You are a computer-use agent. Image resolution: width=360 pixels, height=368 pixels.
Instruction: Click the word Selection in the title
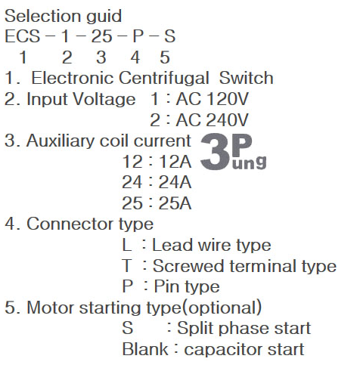[42, 16]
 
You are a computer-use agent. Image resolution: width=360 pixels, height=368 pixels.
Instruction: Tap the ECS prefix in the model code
[23, 36]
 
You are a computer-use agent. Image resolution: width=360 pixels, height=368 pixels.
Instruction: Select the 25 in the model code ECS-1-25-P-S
[101, 36]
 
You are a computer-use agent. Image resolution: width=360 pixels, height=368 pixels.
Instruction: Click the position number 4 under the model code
[135, 57]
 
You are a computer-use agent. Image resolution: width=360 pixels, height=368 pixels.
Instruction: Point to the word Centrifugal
[164, 78]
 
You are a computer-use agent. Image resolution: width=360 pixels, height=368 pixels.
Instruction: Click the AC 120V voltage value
[213, 99]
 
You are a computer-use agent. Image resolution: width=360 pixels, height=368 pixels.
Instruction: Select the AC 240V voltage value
[213, 120]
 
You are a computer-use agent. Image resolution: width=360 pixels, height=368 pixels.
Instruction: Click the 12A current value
[175, 161]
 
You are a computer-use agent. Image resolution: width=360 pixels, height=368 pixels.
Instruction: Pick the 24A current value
[175, 182]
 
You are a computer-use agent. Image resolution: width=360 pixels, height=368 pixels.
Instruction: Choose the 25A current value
[175, 203]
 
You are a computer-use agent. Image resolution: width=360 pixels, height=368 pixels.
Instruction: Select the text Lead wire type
[212, 246]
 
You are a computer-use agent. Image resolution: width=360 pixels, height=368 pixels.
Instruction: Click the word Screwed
[188, 266]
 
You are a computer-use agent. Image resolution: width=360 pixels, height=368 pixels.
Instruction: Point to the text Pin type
[187, 287]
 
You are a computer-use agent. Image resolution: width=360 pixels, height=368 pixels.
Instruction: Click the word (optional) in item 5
[222, 308]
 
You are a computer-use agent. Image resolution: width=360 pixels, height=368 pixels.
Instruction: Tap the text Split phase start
[244, 329]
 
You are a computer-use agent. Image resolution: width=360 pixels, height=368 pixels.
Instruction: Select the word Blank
[145, 349]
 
